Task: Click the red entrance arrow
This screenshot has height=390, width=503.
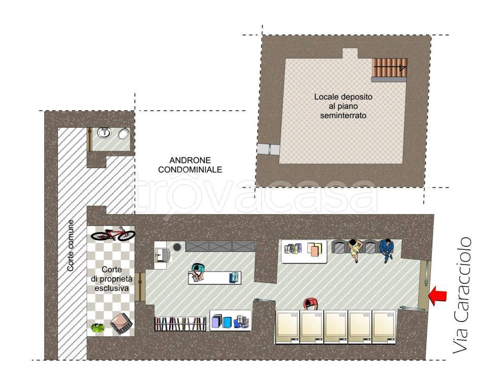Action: (437, 296)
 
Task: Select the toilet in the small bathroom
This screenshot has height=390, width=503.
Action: (123, 134)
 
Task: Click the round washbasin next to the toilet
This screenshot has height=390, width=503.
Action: (104, 133)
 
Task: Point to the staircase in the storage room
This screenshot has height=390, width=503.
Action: (389, 68)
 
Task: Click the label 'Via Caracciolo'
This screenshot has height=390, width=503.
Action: (462, 295)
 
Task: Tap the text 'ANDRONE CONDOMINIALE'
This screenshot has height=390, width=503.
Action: (190, 165)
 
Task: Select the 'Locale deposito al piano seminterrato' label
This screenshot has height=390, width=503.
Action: (343, 106)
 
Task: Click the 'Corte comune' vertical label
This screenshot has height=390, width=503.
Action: (70, 245)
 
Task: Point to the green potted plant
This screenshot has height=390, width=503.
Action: (98, 328)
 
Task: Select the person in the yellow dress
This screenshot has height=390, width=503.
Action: (355, 250)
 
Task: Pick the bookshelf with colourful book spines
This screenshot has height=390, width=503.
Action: (180, 324)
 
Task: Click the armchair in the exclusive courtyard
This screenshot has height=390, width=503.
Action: (121, 323)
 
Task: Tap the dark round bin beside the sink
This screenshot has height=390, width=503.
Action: (177, 247)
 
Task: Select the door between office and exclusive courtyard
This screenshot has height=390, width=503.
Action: (140, 287)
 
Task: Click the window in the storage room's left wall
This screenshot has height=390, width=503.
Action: (268, 149)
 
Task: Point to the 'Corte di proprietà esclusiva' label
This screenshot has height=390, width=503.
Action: (111, 279)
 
